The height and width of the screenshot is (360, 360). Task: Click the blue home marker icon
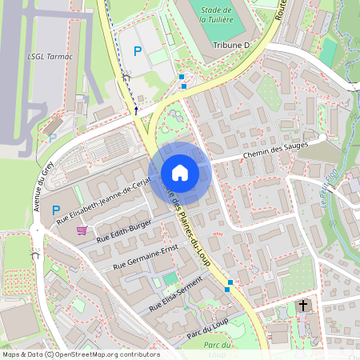(x=180, y=173)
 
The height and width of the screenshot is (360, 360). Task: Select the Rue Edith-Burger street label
(x=122, y=230)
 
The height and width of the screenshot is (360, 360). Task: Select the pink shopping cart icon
(x=82, y=230)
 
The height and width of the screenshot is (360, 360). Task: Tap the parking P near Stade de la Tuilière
(x=138, y=51)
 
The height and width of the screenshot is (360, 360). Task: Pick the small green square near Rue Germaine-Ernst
(x=170, y=278)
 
